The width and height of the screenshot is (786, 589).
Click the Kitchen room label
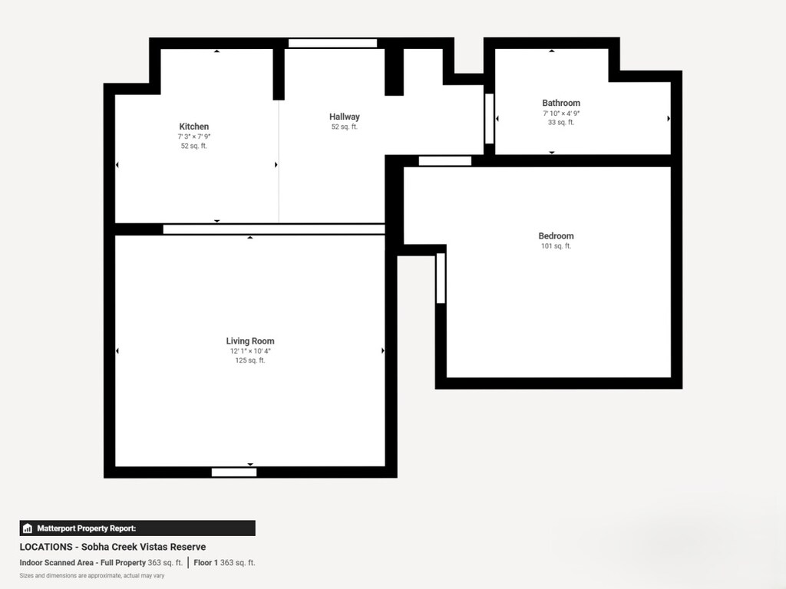pos(193,127)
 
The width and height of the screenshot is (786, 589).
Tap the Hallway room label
pos(344,117)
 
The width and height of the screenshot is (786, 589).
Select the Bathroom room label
pos(561,103)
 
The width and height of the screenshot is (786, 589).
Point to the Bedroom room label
pos(556,236)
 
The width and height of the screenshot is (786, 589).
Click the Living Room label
pos(249,341)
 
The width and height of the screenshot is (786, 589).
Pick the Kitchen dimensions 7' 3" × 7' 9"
pos(193,137)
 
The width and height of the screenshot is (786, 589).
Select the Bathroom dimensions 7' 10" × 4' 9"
pos(561,113)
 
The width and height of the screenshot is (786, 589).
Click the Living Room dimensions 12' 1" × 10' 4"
pos(249,351)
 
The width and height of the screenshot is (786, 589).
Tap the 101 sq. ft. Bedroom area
pos(556,246)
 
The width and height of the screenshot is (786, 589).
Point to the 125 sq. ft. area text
pos(249,360)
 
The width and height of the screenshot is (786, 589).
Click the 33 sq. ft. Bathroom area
pos(561,122)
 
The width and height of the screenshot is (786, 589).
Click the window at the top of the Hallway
pos(332,43)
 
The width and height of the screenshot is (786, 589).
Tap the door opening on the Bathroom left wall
pos(489,118)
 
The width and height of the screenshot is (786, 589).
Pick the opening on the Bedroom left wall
pos(441,278)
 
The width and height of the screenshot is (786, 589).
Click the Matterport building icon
pos(28,528)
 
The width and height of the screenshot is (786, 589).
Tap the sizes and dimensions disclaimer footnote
pos(92,575)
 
